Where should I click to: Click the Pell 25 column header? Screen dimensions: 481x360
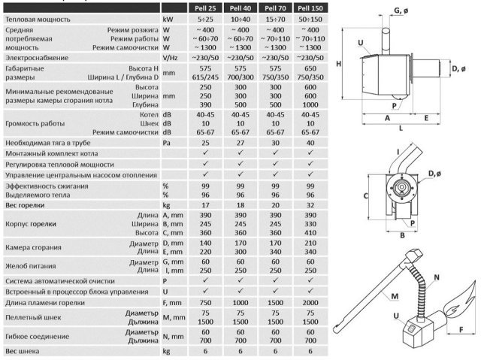click(205, 8)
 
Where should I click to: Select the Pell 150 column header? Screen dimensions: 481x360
click(310, 8)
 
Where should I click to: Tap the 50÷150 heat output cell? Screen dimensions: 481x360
click(310, 20)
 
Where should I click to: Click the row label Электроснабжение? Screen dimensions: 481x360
click(37, 58)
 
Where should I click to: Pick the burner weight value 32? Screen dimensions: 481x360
click(310, 205)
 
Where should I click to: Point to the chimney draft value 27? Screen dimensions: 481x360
click(240, 143)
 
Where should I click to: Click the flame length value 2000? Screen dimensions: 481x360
click(310, 303)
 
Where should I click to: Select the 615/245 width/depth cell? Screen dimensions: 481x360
click(205, 77)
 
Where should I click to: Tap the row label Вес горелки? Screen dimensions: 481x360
click(25, 205)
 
